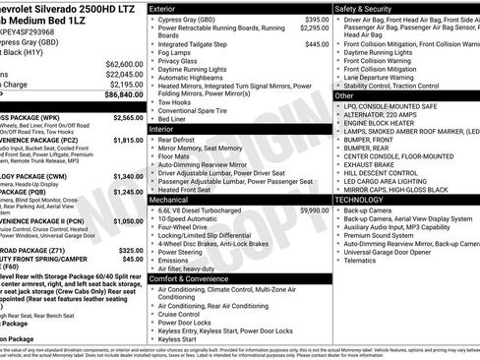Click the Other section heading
345,96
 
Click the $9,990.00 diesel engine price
314,210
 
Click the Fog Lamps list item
175,52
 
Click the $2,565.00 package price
128,117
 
